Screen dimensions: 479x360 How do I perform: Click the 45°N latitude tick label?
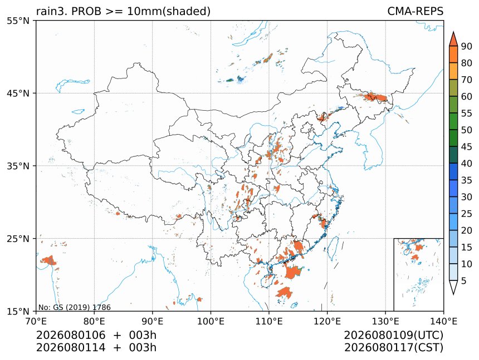tap(18, 93)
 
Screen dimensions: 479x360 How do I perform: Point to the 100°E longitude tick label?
tap(211, 321)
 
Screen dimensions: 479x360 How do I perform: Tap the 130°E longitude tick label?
tap(385, 321)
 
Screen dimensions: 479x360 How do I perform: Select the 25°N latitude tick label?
tap(18, 238)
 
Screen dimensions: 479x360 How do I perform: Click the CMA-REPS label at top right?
tap(415, 11)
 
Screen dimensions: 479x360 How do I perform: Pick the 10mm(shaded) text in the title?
tap(169, 12)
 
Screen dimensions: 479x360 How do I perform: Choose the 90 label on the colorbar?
tap(467, 46)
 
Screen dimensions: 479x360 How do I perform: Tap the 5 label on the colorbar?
tap(464, 280)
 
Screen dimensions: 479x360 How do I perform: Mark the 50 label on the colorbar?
tap(467, 130)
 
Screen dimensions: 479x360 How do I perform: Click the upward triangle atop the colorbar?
tap(453, 39)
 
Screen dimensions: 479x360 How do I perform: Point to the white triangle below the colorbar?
tap(453, 287)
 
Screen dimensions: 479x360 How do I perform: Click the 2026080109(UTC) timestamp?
tap(393, 335)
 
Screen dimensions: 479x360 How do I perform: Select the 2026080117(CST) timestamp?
tap(393, 348)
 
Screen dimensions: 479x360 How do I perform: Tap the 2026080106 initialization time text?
tap(71, 335)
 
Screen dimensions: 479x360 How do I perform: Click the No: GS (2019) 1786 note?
tap(74, 307)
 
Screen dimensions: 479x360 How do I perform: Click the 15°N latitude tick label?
tap(18, 311)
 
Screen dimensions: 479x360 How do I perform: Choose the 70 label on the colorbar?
tap(467, 80)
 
